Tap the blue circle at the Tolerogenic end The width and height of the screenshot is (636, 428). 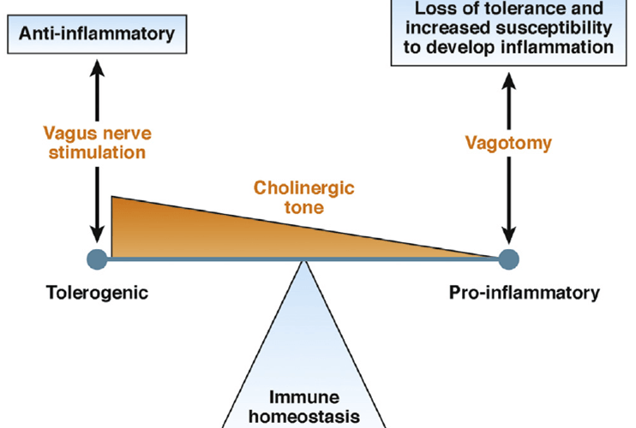(98, 257)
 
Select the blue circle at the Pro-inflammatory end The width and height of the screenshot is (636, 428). (509, 257)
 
